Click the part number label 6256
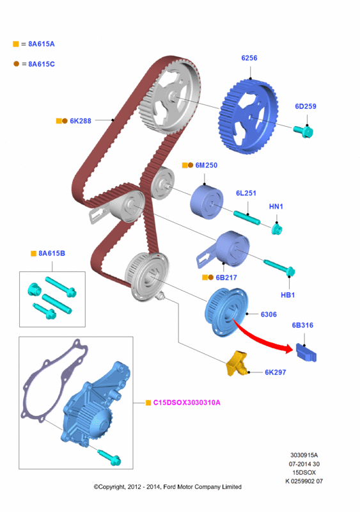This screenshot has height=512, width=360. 249,58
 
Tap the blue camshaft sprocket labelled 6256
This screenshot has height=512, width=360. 248,116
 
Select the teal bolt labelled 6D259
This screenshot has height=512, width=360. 304,131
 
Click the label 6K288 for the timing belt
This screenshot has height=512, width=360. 81,121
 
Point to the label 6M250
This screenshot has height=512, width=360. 207,165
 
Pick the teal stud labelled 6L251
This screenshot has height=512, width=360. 247,218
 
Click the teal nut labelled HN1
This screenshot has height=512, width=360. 277,228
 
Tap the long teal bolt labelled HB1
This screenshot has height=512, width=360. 279,268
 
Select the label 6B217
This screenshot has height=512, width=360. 226,278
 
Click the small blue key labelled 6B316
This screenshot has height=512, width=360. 306,353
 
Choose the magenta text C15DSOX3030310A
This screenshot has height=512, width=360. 187,403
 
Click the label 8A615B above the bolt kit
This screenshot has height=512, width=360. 52,253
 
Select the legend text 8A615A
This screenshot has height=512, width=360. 42,44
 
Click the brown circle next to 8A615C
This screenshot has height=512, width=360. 17,63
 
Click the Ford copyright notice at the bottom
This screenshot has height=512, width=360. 168,487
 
